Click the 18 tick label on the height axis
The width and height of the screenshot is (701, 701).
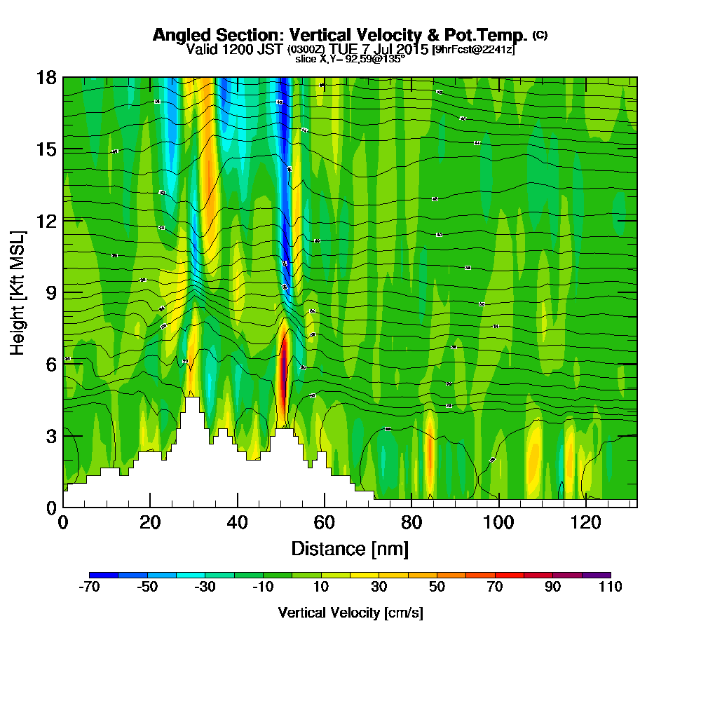click(47, 77)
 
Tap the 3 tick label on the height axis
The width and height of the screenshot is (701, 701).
click(50, 436)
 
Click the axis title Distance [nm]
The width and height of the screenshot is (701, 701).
click(350, 548)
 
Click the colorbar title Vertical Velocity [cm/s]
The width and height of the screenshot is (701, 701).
click(350, 613)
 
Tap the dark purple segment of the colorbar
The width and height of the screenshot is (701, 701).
click(596, 575)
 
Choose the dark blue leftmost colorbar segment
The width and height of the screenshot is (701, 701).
click(104, 575)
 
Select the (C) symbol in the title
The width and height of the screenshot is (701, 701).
click(540, 34)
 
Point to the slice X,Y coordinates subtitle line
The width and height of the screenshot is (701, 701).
click(350, 60)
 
